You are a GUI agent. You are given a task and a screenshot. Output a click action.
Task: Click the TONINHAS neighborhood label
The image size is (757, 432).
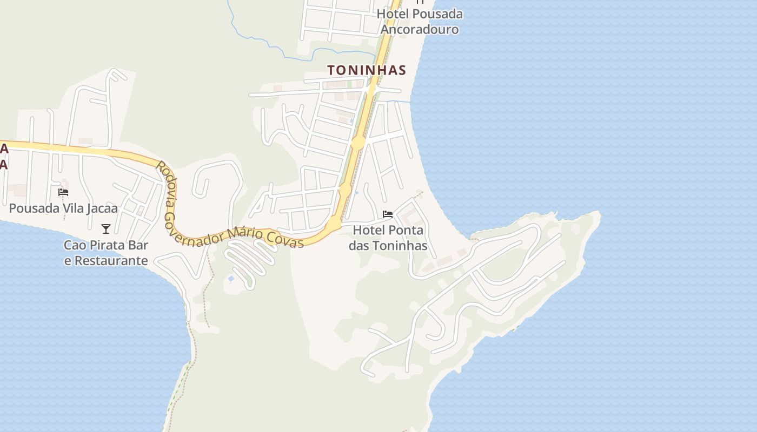pos(366,70)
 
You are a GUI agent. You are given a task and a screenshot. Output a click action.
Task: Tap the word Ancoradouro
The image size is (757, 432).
pos(420,29)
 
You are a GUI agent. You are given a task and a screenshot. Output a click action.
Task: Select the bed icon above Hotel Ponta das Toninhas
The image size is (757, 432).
pos(387,214)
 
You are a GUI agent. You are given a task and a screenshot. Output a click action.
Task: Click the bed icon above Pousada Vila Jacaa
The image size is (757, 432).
pos(63,192)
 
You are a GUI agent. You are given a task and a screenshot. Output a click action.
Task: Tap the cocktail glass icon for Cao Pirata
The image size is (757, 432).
pos(106,229)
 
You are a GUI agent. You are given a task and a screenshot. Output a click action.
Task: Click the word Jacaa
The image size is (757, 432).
pos(103,208)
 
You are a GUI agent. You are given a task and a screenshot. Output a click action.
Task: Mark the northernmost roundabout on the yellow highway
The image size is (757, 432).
pos(358,143)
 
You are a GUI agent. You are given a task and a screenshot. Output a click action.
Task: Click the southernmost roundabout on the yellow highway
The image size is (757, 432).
pos(334,222)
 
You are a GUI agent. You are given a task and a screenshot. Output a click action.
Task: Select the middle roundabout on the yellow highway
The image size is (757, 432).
pos(345,189)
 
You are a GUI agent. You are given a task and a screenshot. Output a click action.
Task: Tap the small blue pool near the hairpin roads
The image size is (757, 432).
pos(231,279)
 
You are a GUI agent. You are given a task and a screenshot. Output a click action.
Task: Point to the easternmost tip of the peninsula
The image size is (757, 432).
pos(600,215)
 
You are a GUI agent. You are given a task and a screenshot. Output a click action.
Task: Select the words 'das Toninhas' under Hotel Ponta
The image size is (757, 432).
pos(388,246)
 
